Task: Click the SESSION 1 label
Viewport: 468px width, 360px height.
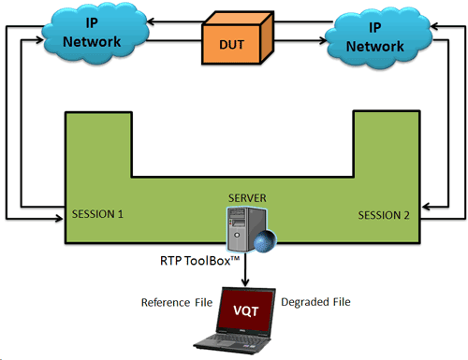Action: (98, 214)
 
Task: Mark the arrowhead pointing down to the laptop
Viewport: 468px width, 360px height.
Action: (246, 282)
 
